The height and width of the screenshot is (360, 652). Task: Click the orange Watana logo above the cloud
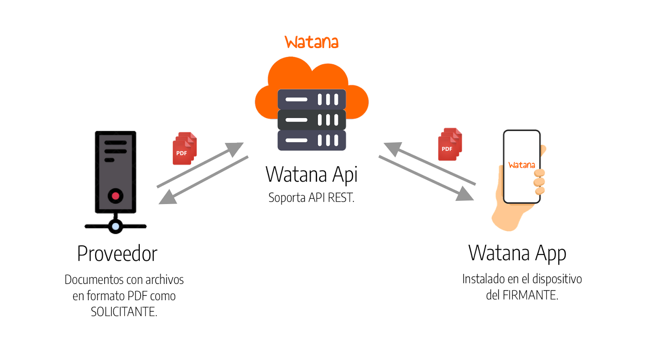coord(311,42)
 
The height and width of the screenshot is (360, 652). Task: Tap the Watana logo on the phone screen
coord(522,165)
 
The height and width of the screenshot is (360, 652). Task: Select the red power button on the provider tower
coord(115,196)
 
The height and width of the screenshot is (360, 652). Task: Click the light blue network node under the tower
coord(116,226)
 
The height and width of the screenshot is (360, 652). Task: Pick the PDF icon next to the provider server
coord(185,148)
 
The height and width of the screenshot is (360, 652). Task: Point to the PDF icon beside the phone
coord(450,144)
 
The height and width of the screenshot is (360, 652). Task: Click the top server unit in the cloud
coord(312,99)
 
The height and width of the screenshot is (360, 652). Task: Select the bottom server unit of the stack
coord(312,140)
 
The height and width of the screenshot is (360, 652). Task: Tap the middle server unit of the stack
coord(312,120)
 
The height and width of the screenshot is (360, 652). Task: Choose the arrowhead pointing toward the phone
coord(465,194)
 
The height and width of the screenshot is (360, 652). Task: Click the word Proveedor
coord(117,254)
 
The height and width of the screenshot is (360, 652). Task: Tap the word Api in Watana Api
coord(345,175)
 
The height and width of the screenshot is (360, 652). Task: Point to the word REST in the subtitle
coord(341,198)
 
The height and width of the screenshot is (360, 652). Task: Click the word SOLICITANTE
coord(124,312)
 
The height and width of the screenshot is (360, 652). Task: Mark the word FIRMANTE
coord(530,295)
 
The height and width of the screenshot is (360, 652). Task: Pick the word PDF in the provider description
coord(137,296)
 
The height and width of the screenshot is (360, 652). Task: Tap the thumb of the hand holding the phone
coord(542,150)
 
